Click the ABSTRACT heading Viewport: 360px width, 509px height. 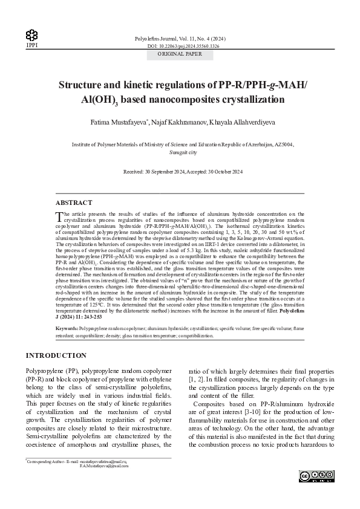pos(74,203)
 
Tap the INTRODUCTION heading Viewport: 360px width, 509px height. pos(56,355)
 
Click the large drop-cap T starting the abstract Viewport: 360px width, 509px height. pos(58,216)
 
